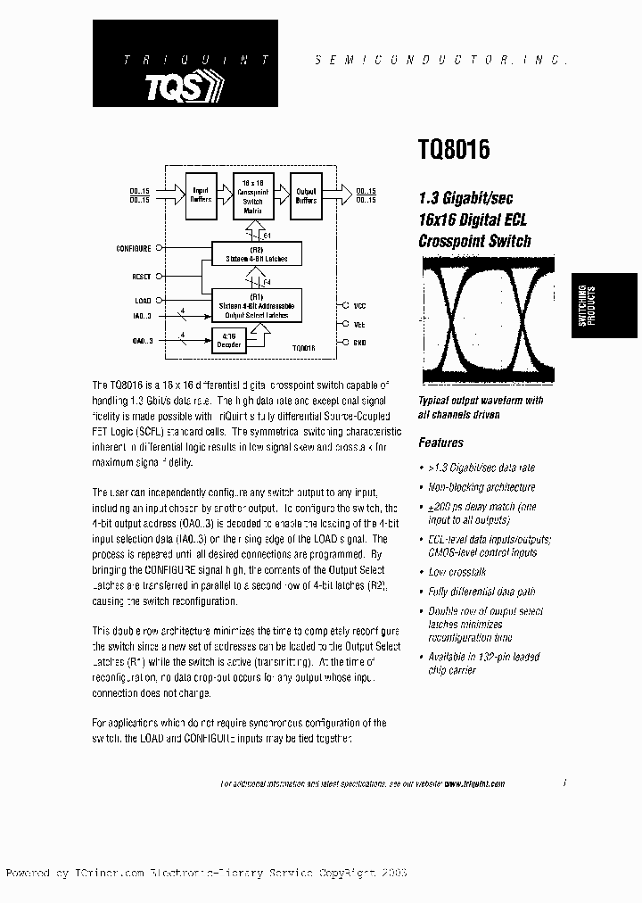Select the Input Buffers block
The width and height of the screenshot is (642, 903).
[201, 195]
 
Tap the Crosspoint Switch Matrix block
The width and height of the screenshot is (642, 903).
[253, 195]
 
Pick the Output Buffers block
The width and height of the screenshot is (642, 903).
[306, 195]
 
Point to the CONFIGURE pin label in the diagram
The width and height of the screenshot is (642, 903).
[134, 248]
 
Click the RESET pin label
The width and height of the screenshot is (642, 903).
[141, 278]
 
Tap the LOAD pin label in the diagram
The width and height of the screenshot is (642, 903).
[143, 301]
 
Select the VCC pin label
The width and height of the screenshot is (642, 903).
[359, 306]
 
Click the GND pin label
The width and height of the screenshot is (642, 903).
[359, 343]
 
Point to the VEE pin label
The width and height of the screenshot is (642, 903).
[359, 325]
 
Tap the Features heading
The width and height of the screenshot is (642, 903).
[440, 443]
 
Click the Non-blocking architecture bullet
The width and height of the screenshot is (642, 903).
[481, 487]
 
